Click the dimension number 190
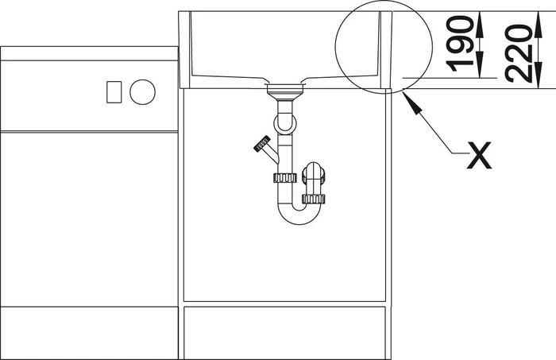(x=460, y=44)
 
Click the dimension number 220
(x=519, y=53)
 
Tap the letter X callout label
(x=479, y=155)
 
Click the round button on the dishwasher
(x=142, y=92)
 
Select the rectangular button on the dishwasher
(x=114, y=92)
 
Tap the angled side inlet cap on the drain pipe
(x=262, y=144)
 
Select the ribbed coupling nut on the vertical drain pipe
(x=284, y=178)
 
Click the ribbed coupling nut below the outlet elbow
(x=314, y=199)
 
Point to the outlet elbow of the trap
(x=313, y=175)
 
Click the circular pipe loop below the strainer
(x=285, y=123)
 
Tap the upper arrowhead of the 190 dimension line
(x=480, y=24)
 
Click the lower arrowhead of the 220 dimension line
(x=538, y=75)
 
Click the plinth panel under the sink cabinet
(x=284, y=333)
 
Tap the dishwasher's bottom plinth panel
(x=89, y=333)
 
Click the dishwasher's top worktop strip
(x=89, y=53)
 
